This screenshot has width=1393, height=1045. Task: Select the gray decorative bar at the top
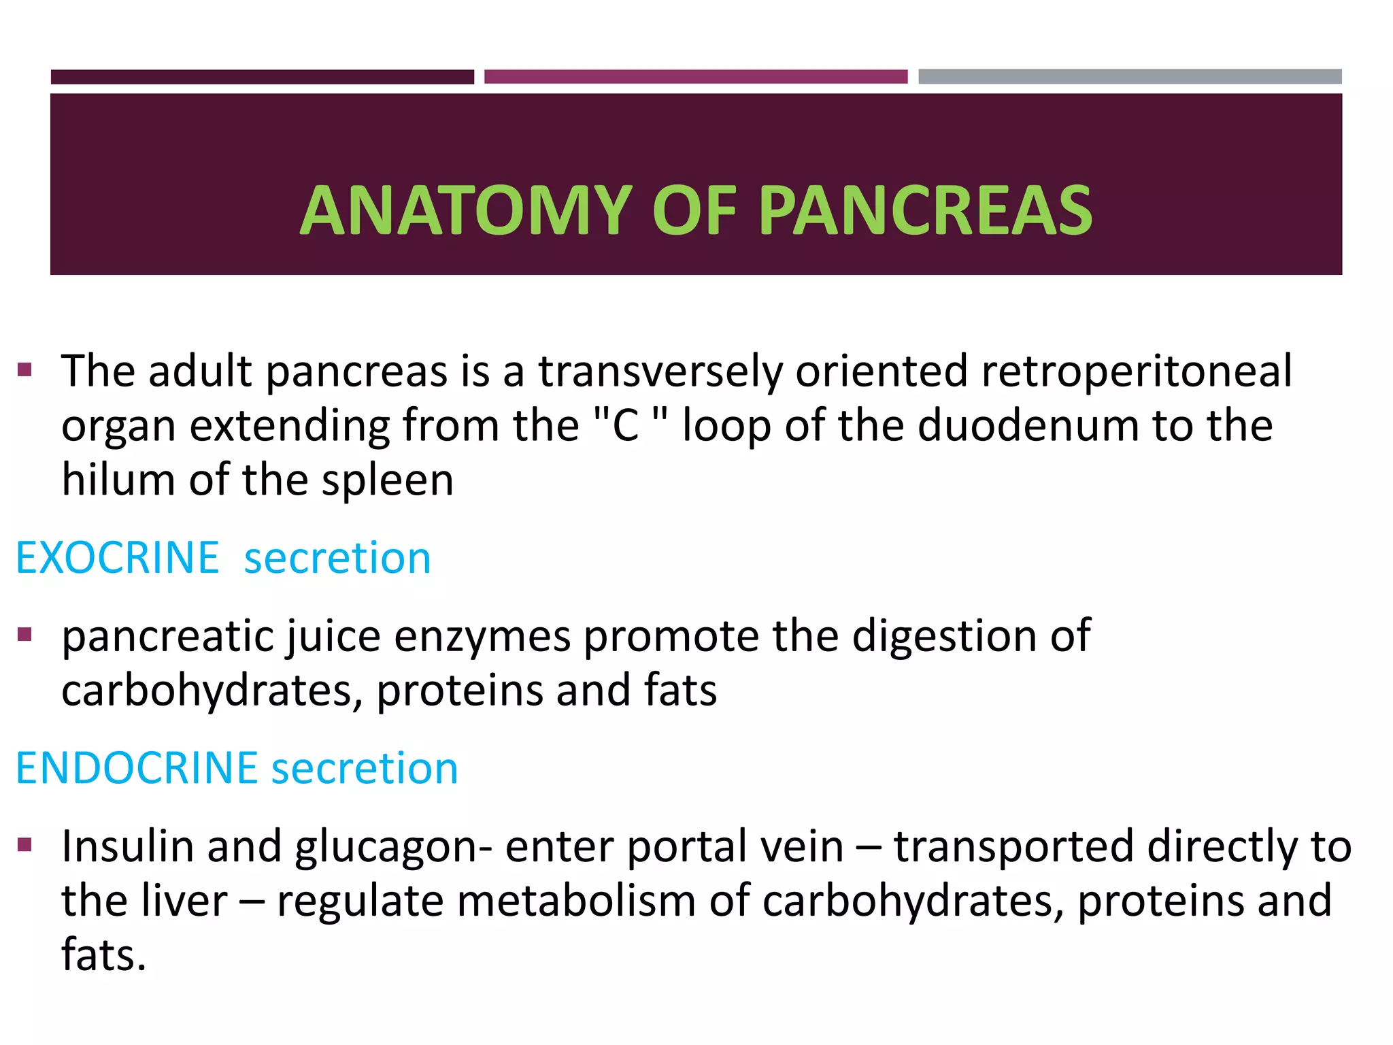pyautogui.click(x=1129, y=76)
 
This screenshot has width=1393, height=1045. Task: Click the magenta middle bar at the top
pyautogui.click(x=695, y=76)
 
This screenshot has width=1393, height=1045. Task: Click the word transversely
pyautogui.click(x=660, y=372)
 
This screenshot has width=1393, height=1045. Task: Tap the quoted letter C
pyautogui.click(x=625, y=427)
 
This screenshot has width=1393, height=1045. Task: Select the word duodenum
pyautogui.click(x=1028, y=427)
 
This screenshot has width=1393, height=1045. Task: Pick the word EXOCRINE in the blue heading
pyautogui.click(x=117, y=558)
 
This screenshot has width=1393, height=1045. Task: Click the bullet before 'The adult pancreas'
pyautogui.click(x=25, y=371)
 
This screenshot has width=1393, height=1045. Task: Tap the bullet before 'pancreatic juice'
pyautogui.click(x=25, y=635)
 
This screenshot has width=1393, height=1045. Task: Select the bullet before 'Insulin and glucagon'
pyautogui.click(x=25, y=846)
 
